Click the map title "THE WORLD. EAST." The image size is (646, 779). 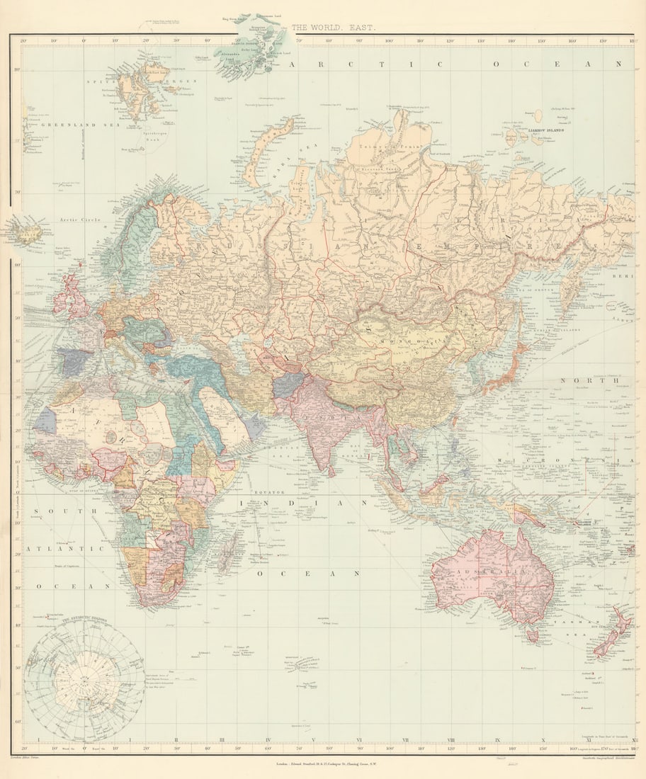[334, 28]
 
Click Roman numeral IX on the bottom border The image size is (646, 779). [497, 741]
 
